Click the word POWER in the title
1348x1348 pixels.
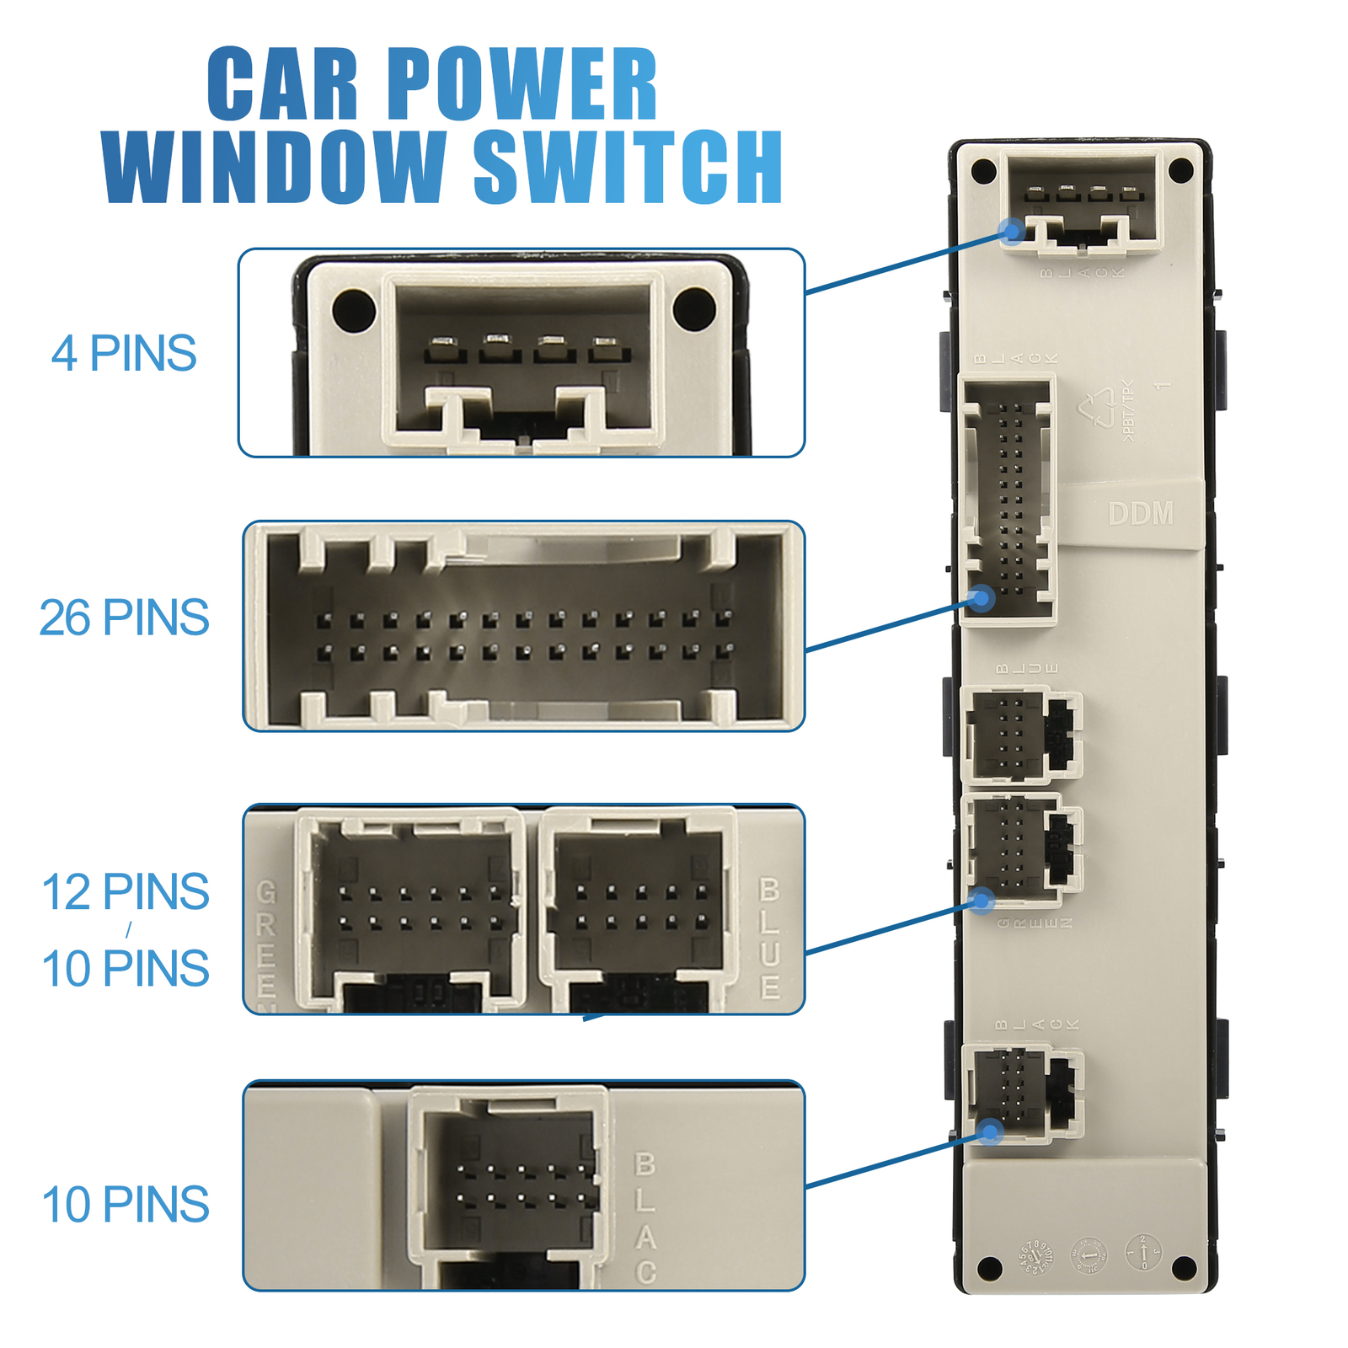pos(522,85)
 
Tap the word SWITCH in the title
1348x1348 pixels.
pos(629,167)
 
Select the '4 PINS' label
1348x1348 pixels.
pos(124,353)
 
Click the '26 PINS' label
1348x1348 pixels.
pos(124,618)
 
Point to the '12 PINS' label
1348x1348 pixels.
pos(126,891)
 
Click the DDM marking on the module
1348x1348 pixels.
pos(1141,514)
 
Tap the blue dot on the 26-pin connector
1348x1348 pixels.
pos(982,599)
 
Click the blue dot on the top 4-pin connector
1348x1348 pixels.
pos(1013,230)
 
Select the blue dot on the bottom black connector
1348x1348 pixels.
pos(991,1131)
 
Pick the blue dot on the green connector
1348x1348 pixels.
pos(982,901)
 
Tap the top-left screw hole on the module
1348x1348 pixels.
pos(983,171)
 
